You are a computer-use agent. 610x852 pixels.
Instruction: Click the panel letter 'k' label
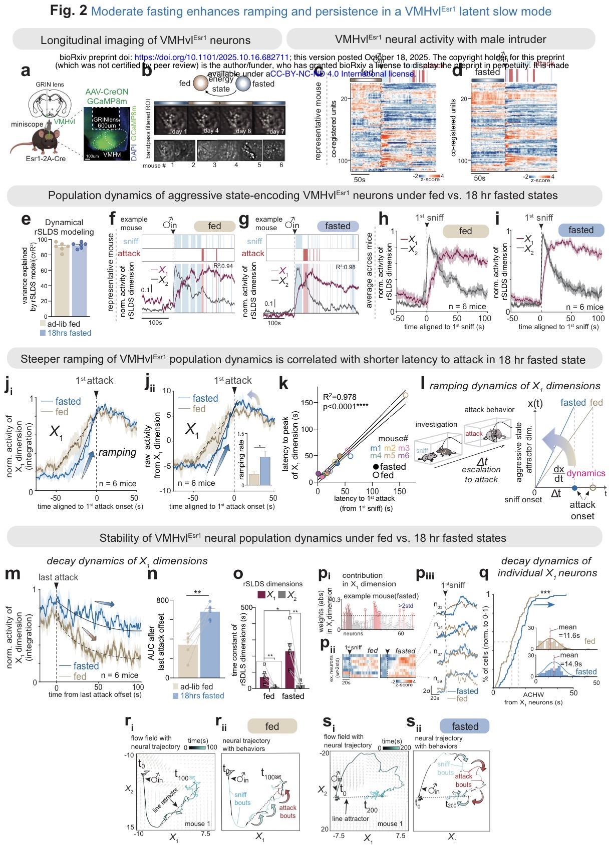pos(283,385)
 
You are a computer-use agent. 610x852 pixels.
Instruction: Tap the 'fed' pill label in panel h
pos(465,231)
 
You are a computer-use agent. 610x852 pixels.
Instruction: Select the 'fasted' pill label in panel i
pos(580,230)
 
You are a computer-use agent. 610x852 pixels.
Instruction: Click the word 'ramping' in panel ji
pos(117,452)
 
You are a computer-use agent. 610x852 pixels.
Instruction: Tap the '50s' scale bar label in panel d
pos(480,178)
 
